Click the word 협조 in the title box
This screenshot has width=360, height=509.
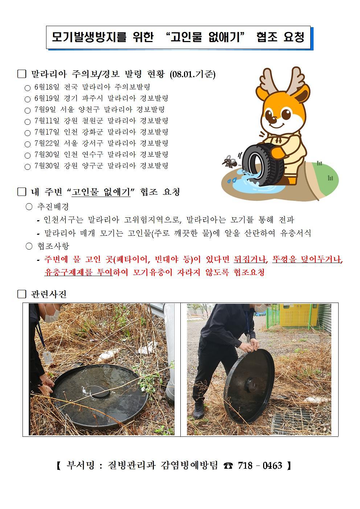[267, 37]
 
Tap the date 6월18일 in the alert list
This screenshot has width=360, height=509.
[47, 87]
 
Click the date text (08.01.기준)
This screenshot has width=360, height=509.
[192, 74]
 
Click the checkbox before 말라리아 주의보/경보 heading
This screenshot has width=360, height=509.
[21, 74]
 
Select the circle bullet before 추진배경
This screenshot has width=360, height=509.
[29, 206]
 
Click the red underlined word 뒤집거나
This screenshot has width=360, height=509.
[250, 259]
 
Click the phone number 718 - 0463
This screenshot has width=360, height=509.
[260, 465]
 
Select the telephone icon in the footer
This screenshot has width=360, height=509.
[228, 466]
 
